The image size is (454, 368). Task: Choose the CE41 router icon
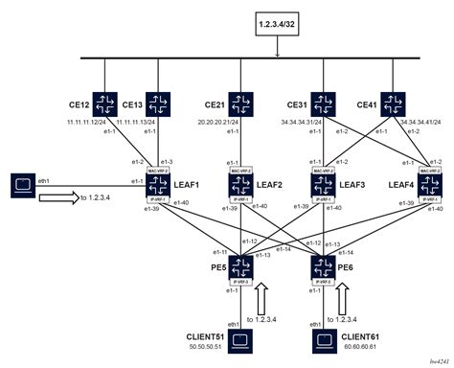394,103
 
